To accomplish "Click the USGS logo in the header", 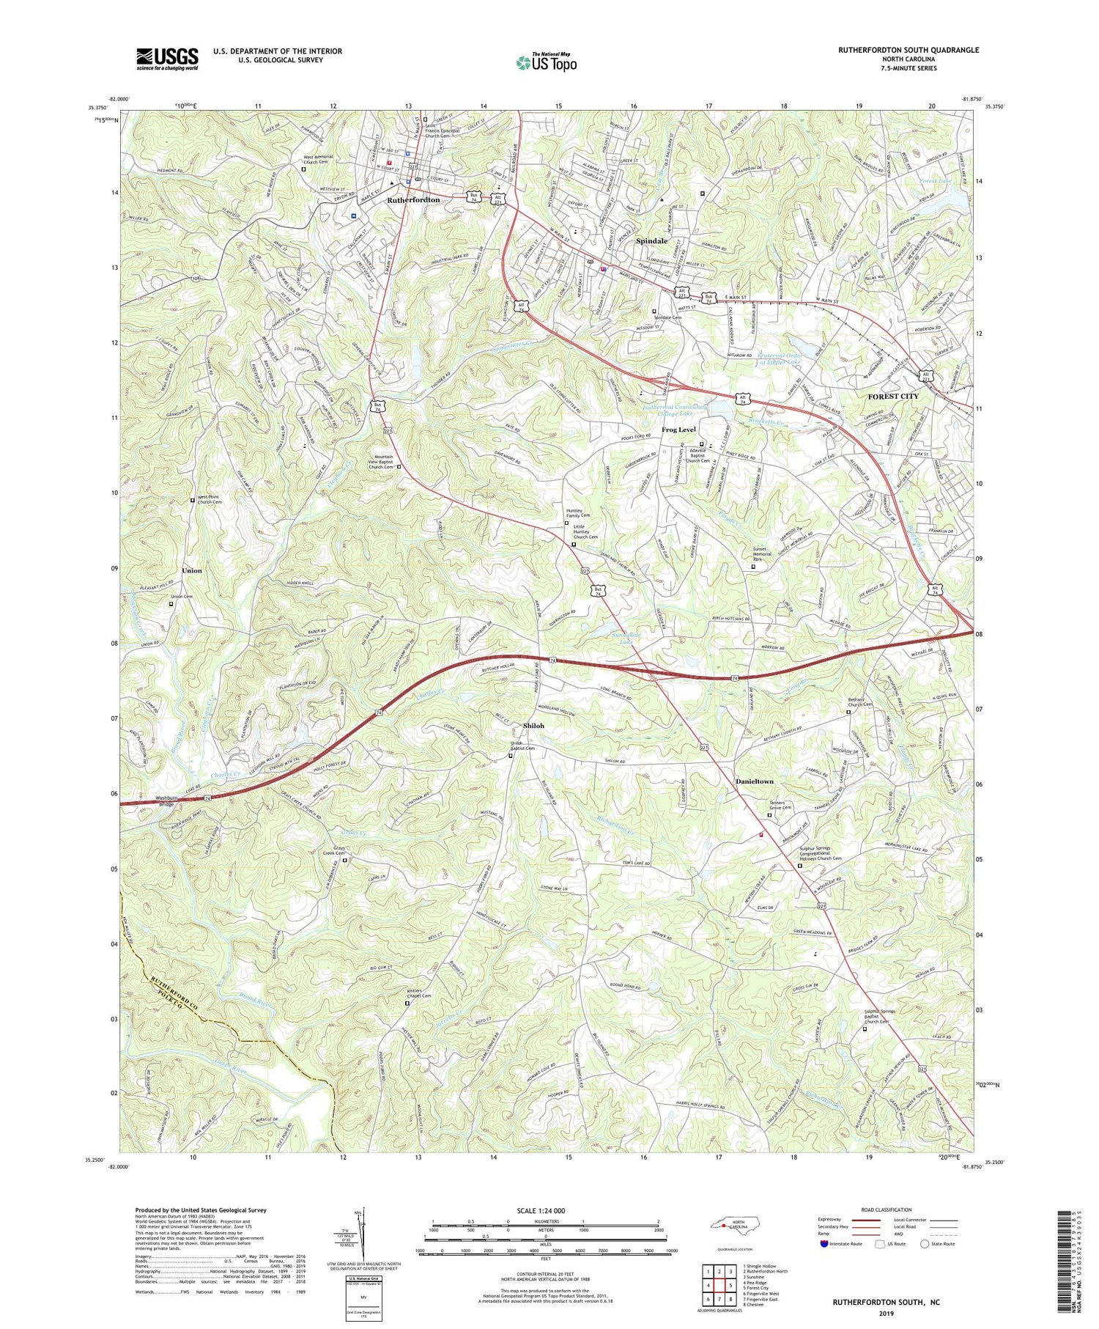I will (166, 59).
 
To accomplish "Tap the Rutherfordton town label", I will (413, 199).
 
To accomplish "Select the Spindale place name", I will (651, 240).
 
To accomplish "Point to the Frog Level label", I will (678, 430).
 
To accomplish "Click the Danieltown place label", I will (754, 781).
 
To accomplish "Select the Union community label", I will (192, 570).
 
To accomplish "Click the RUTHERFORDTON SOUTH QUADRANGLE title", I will (909, 51).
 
